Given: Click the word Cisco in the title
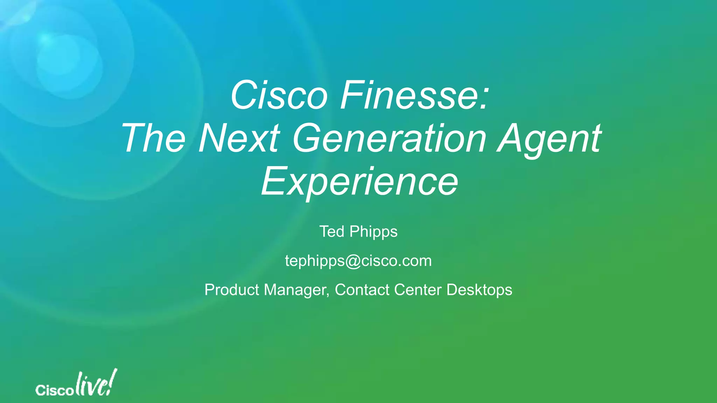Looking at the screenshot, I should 279,95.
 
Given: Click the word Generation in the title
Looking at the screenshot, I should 389,139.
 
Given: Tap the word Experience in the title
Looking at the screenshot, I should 359,182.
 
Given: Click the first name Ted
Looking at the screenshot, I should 332,232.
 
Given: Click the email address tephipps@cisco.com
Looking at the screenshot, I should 358,261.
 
